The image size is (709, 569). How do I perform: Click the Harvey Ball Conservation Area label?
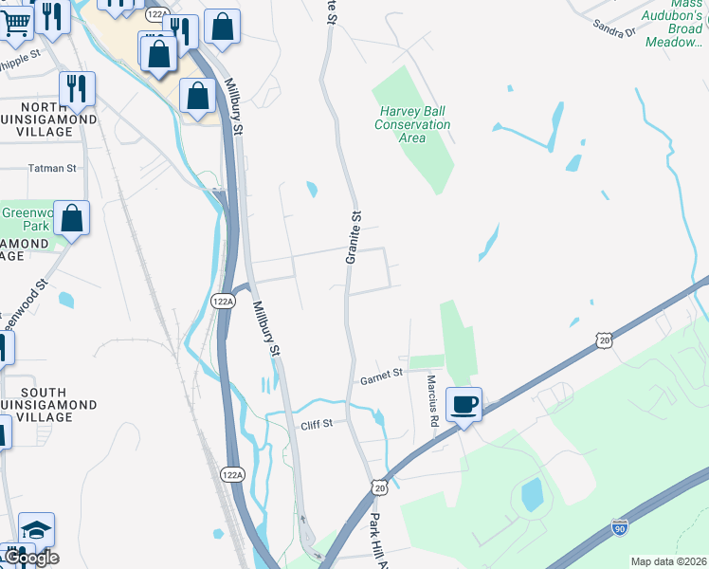pyautogui.click(x=412, y=124)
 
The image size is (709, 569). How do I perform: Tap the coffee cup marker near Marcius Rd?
pyautogui.click(x=464, y=405)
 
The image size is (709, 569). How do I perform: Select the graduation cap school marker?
pyautogui.click(x=36, y=530)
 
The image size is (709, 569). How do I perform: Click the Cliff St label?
pyautogui.click(x=317, y=424)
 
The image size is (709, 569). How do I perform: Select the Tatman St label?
pyautogui.click(x=52, y=168)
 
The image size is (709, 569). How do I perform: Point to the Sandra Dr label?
pyautogui.click(x=613, y=28)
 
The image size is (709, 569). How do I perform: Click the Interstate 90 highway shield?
pyautogui.click(x=619, y=527)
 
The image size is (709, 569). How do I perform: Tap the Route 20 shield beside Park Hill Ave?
pyautogui.click(x=380, y=486)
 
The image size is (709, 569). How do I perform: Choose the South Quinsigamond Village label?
pyautogui.click(x=44, y=398)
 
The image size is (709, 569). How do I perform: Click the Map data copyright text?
pyautogui.click(x=667, y=561)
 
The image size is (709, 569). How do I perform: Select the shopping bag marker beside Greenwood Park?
pyautogui.click(x=71, y=218)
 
